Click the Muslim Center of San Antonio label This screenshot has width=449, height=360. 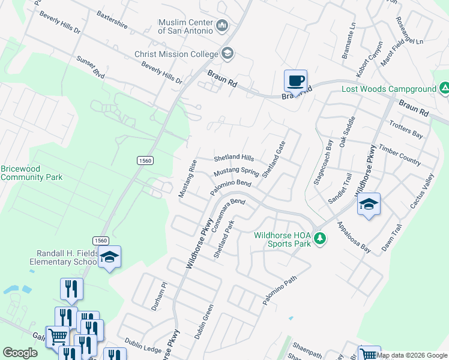pos(185,26)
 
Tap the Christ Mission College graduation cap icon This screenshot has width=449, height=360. pos(228,54)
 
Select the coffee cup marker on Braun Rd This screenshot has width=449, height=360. pos(295,81)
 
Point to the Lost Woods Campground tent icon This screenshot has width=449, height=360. pos(444,89)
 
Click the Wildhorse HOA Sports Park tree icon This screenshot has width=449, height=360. pos(321,239)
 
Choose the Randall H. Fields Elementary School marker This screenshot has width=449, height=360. pos(110,257)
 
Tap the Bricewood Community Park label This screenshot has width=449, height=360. pos(31,173)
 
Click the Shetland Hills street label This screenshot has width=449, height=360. pos(234,158)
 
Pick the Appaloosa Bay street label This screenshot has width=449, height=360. pos(354,236)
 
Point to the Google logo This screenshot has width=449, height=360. pos(20,353)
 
